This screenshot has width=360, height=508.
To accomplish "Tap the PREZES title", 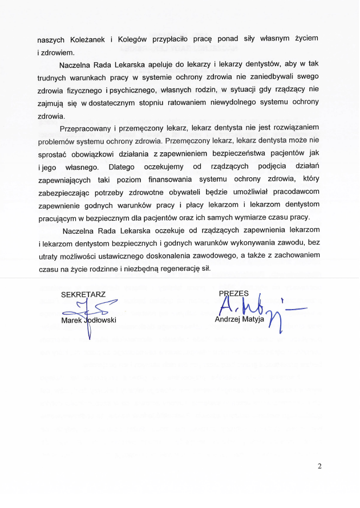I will point(233,293).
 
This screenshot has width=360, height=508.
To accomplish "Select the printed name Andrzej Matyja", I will point(240,319).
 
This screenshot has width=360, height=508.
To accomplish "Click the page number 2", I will point(319,466).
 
